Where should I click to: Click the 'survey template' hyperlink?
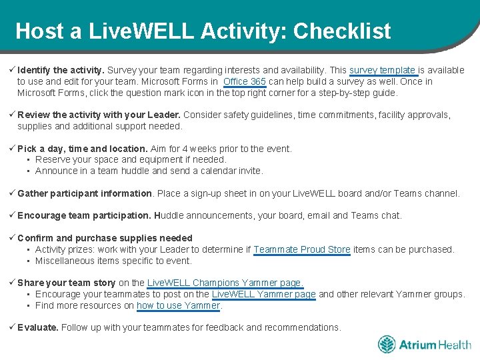(x=383, y=70)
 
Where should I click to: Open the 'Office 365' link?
(x=245, y=81)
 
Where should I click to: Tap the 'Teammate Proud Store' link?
(x=301, y=249)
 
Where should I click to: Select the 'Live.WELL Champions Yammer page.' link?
(x=225, y=283)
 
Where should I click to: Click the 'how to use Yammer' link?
(x=178, y=305)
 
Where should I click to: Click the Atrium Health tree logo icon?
(x=387, y=345)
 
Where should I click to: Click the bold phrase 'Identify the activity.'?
(x=61, y=70)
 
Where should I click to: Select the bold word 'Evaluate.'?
(x=38, y=327)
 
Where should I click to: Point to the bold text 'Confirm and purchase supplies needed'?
(x=105, y=238)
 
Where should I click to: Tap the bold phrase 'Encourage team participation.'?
(x=84, y=215)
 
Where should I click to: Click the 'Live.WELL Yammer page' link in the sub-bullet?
(x=263, y=294)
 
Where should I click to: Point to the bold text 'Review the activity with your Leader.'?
(x=99, y=115)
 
